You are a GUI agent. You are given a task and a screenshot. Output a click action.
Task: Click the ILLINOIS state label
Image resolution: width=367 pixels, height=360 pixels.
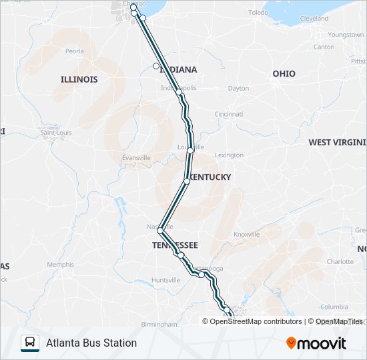79,79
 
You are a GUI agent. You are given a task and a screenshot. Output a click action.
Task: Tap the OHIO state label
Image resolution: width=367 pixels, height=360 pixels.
284,73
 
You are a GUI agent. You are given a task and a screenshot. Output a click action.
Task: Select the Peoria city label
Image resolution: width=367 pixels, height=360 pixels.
75,51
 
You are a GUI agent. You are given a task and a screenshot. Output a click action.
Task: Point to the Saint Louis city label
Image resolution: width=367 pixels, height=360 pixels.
56,133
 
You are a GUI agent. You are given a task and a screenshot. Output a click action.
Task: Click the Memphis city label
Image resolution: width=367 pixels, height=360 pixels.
60,265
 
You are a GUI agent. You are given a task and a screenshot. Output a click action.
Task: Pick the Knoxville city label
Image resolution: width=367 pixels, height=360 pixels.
246,235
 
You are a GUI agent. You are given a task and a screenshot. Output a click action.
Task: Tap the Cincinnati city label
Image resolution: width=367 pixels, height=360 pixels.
228,114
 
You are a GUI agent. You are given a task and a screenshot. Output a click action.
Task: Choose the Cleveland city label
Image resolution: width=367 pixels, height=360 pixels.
314,19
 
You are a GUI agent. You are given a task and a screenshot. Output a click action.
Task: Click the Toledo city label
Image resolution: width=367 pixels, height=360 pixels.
258,13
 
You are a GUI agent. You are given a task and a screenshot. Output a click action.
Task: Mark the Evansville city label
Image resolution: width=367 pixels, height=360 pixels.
136,157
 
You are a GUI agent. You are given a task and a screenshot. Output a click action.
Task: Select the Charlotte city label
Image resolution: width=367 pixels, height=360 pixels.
340,262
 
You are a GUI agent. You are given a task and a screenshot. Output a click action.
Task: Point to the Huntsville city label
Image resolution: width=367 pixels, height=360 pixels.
165,280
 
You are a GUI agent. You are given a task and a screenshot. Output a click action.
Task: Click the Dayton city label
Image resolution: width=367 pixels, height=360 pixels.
238,88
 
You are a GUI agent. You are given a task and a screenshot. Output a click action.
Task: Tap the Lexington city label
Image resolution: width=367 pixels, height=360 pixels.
230,155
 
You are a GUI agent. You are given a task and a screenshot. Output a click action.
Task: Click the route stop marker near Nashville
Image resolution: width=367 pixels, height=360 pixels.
160,231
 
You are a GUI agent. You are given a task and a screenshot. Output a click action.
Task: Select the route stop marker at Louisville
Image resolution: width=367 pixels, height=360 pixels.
191,151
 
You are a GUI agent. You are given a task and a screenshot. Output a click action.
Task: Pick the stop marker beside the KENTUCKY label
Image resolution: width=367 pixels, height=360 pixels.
187,181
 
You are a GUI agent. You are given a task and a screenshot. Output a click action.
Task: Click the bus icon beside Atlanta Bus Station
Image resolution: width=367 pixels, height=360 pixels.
30,343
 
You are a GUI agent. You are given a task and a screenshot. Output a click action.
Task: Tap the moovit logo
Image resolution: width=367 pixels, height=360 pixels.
316,343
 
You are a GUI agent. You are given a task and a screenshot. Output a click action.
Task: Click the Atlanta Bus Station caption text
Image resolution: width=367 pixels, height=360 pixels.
91,343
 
